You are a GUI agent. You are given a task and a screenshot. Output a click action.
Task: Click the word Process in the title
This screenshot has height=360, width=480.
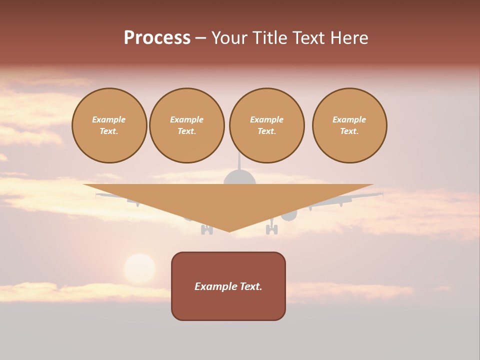pos(157,38)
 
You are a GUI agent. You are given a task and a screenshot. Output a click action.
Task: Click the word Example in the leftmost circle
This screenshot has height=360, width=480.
pos(109,119)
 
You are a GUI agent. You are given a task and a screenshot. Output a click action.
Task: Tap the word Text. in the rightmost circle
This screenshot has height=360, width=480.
pos(349,131)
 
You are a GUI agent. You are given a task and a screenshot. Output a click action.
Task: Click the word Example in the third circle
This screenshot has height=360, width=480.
pos(266,119)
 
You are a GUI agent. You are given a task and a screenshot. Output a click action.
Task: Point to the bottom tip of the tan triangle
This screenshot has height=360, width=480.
pos(229,230)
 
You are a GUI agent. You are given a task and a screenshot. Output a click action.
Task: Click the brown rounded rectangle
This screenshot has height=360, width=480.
pos(228,305)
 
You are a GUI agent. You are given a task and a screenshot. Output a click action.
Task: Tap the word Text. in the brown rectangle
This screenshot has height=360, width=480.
pos(251,286)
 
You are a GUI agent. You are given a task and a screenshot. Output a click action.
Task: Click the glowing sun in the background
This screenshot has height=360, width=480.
pos(139,269)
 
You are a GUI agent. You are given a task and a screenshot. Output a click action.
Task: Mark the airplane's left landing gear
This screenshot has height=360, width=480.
pos(206,229)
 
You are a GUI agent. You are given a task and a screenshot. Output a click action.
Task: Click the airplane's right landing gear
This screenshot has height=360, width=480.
pos(271,228)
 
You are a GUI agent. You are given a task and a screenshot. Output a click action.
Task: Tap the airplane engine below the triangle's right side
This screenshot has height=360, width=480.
pos(289,215)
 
